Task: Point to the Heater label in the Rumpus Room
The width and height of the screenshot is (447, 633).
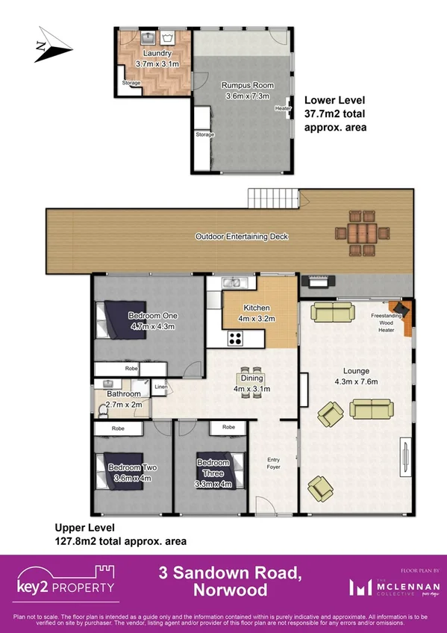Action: tap(282, 109)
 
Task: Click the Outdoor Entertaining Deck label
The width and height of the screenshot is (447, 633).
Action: tap(241, 237)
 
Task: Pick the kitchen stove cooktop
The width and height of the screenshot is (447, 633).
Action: tap(235, 337)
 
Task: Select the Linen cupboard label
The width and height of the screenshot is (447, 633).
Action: tap(160, 387)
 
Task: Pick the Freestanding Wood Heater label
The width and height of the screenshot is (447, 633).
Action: tap(386, 322)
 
